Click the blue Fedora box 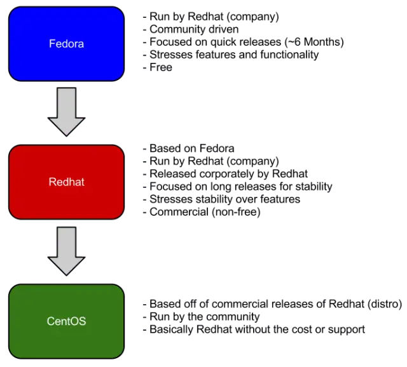point(66,44)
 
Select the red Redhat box point(66,182)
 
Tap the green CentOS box point(66,321)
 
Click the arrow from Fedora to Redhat point(66,111)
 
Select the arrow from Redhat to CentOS point(66,251)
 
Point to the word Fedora point(66,44)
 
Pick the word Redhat point(66,182)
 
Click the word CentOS point(66,321)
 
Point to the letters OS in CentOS point(79,321)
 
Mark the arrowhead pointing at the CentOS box point(66,265)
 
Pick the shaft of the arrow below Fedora point(66,102)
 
